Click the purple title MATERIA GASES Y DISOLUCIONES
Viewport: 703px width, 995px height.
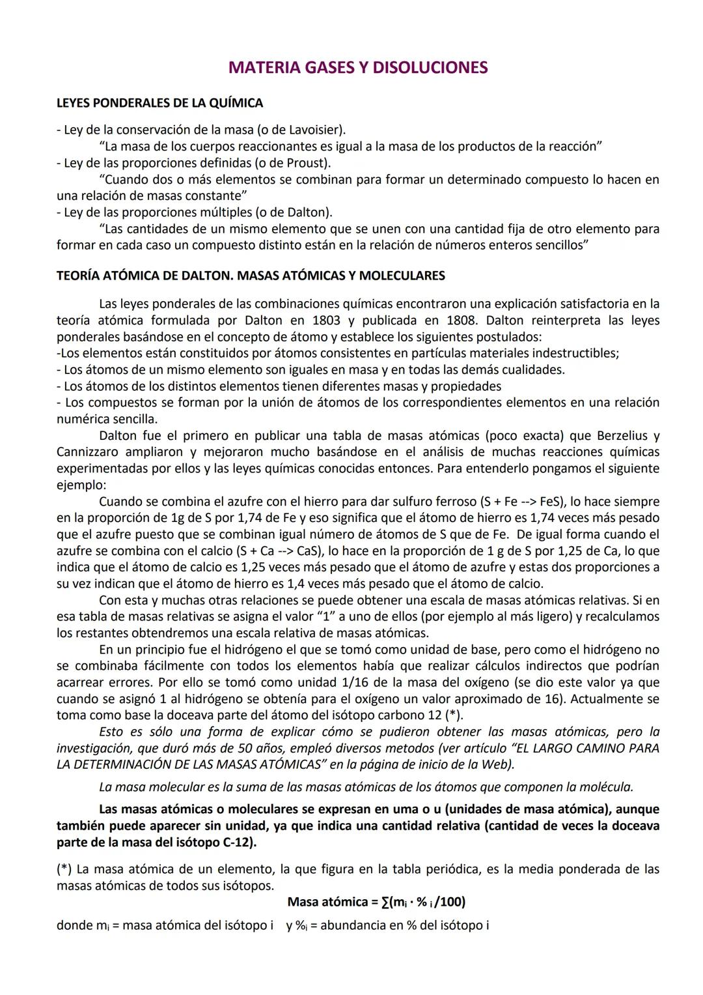point(358,68)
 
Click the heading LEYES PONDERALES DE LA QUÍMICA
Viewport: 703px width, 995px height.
point(159,103)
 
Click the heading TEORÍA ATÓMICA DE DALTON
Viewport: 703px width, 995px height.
point(144,276)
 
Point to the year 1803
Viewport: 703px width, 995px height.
point(326,321)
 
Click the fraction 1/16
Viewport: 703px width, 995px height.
point(338,683)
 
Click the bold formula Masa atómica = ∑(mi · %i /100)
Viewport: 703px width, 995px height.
point(376,902)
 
